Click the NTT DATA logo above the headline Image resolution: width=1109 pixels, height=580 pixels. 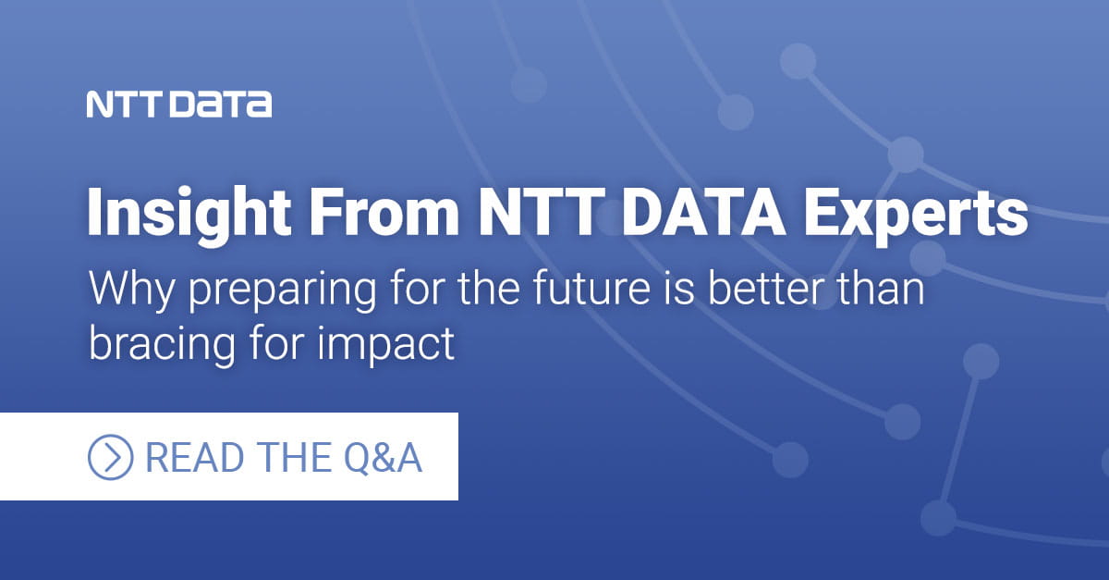pos(179,105)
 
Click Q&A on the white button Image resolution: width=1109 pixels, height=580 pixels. pos(381,457)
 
